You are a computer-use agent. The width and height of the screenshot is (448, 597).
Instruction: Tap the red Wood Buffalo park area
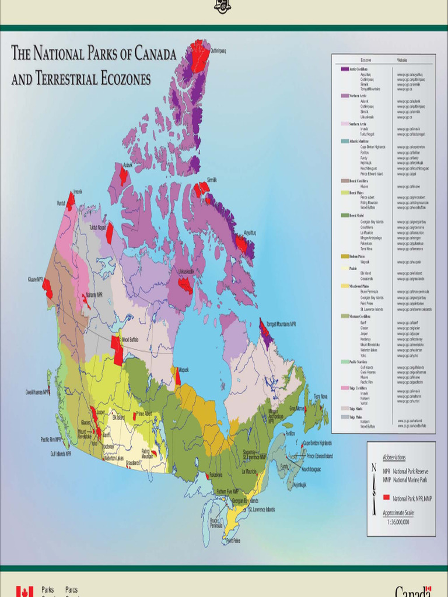point(118,352)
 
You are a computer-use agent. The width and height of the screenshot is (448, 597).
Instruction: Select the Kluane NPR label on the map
point(35,279)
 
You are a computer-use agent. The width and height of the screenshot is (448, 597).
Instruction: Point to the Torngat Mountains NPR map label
point(281,324)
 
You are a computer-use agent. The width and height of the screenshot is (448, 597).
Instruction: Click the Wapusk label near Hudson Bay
point(184,370)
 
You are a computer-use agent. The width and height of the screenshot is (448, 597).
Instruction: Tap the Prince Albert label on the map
point(144,414)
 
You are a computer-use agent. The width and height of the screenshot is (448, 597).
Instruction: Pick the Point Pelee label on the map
point(233,540)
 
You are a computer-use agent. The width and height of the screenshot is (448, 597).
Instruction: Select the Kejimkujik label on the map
point(300,484)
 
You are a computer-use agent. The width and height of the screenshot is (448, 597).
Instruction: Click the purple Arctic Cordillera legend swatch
point(344,69)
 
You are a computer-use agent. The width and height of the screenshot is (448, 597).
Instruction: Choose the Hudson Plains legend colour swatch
point(344,256)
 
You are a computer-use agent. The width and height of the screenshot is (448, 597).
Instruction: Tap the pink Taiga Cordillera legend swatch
point(344,387)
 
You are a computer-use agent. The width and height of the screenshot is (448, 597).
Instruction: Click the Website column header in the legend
point(402,60)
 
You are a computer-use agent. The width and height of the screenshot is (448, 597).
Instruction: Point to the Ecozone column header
point(366,60)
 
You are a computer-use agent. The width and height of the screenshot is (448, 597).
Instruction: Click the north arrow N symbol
point(374,467)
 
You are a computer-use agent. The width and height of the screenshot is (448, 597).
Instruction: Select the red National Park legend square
point(386,498)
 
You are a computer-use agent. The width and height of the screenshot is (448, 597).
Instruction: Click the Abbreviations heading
point(394,458)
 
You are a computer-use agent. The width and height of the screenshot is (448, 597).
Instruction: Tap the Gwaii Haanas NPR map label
point(37,392)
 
